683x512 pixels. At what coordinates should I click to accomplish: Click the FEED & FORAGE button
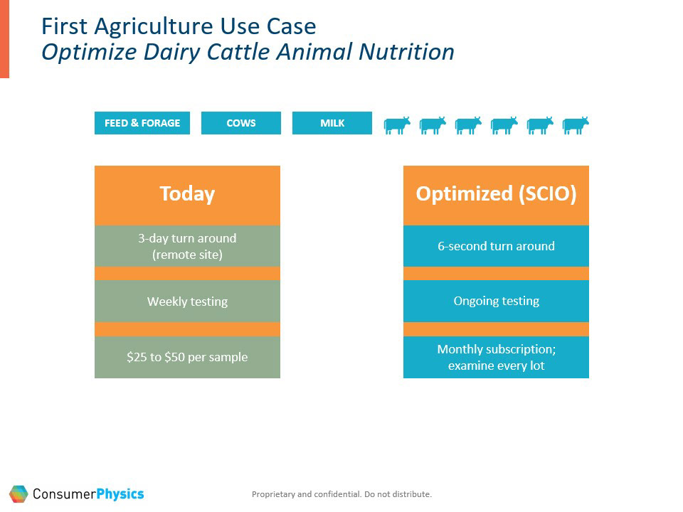[142, 123]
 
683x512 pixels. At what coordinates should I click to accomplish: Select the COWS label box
[241, 123]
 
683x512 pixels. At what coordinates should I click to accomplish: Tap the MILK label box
[332, 123]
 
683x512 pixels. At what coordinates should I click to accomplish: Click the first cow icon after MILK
[397, 125]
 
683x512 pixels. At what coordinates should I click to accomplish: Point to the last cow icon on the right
[576, 125]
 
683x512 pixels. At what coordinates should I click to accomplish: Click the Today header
[187, 195]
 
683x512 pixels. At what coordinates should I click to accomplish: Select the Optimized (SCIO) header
[496, 195]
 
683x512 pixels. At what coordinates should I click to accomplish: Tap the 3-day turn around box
[187, 246]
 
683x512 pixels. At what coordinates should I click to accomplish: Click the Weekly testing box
[187, 302]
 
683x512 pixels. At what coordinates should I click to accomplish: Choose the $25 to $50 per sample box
[187, 357]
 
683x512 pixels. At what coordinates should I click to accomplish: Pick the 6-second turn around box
[496, 246]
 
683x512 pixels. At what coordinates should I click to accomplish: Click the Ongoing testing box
[496, 302]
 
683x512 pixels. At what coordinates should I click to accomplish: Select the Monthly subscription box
[496, 357]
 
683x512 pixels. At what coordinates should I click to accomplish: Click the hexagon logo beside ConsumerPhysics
[18, 494]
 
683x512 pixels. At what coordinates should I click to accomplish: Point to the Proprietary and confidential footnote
[342, 494]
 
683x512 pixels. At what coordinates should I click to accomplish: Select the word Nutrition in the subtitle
[406, 51]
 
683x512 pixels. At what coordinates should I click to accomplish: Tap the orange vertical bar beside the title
[4, 39]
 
